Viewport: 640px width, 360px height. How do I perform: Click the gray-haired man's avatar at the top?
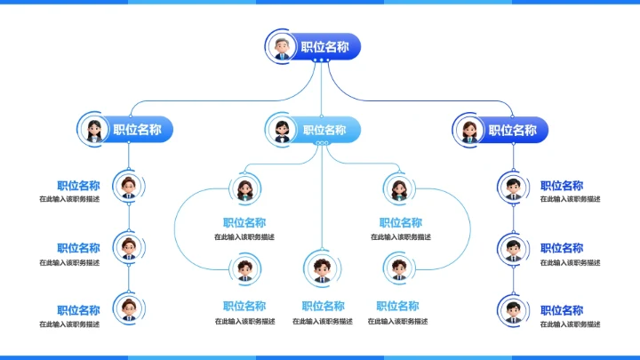click(x=282, y=47)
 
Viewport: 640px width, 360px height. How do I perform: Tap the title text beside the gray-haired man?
click(x=324, y=48)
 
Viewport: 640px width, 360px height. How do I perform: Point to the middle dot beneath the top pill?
click(x=321, y=60)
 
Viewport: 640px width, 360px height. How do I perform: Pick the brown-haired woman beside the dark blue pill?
click(x=468, y=130)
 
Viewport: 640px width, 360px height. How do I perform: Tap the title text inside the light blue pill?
click(x=325, y=130)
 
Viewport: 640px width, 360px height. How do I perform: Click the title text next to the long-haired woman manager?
click(x=137, y=130)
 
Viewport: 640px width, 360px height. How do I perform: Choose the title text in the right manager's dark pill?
click(x=513, y=130)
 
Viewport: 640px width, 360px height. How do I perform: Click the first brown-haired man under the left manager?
click(x=129, y=186)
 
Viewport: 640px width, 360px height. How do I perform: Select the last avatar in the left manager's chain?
click(x=129, y=308)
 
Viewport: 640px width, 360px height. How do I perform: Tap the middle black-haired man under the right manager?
click(x=512, y=248)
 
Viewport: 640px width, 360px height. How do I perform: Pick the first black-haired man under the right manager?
click(x=512, y=186)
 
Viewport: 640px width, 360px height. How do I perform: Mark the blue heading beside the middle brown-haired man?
click(x=78, y=248)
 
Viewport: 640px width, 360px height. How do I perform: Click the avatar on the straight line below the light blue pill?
click(x=321, y=267)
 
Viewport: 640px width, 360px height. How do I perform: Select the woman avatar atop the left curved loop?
click(x=244, y=188)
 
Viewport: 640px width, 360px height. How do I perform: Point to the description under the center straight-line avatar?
click(x=322, y=321)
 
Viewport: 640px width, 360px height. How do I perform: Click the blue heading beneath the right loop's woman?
click(x=401, y=223)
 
